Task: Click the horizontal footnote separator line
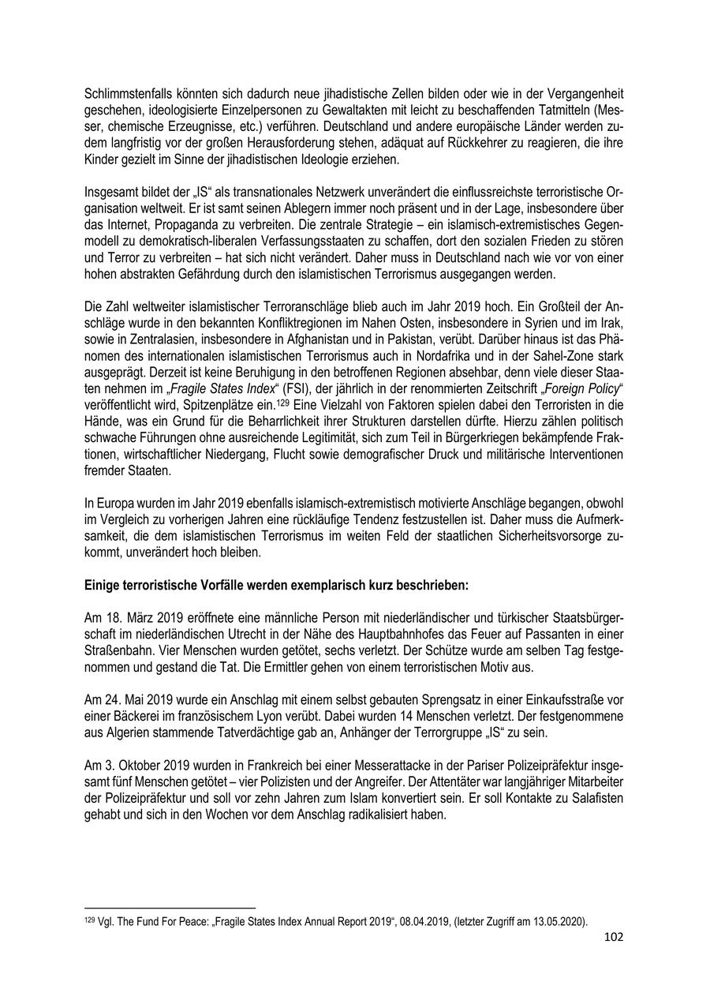pos(170,908)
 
